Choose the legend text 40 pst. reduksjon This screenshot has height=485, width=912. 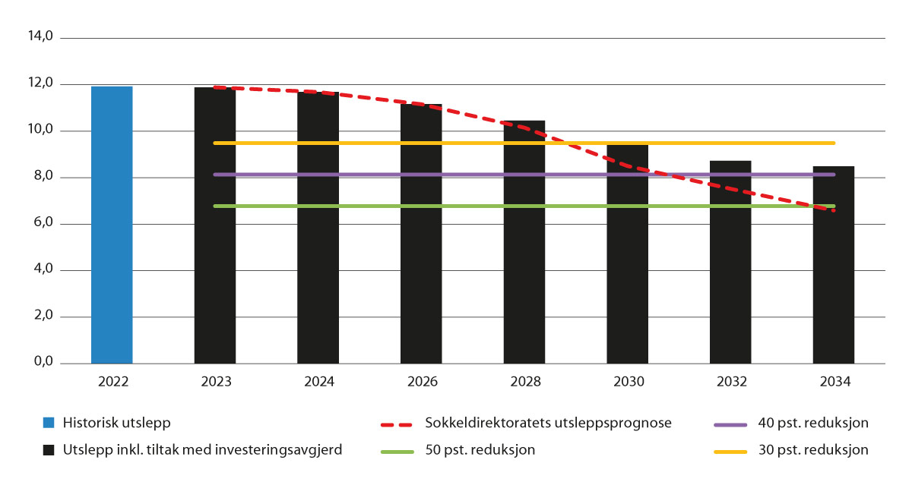pos(813,424)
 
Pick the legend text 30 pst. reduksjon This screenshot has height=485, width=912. pos(813,450)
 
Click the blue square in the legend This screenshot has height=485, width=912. pos(49,424)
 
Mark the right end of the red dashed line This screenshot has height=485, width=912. pos(834,210)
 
